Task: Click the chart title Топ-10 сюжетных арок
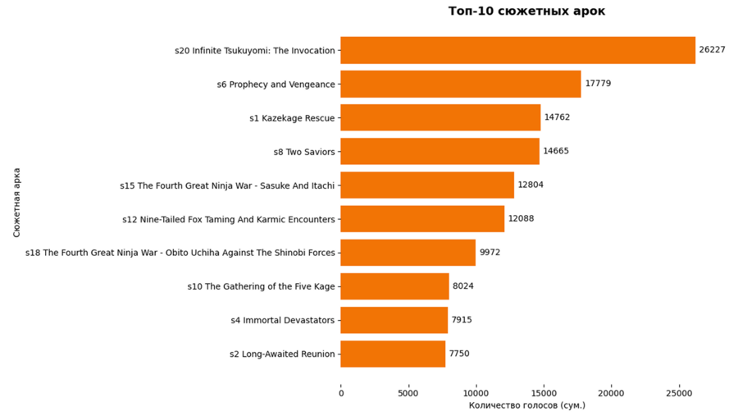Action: pyautogui.click(x=526, y=11)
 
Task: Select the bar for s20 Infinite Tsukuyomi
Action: pyautogui.click(x=517, y=50)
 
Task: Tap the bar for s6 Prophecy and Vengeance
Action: pyautogui.click(x=460, y=84)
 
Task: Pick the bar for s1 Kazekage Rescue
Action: pyautogui.click(x=440, y=117)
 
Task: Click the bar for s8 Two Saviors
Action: pyautogui.click(x=440, y=151)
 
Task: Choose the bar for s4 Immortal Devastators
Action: pyautogui.click(x=394, y=320)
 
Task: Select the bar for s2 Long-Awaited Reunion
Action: pyautogui.click(x=393, y=354)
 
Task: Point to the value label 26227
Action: pyautogui.click(x=713, y=50)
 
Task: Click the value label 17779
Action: pyautogui.click(x=598, y=84)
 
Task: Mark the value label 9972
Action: pyautogui.click(x=490, y=253)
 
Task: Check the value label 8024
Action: pyautogui.click(x=463, y=286)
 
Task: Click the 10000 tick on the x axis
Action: pyautogui.click(x=476, y=393)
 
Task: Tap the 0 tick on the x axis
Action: pyautogui.click(x=341, y=393)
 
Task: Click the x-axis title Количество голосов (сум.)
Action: pyautogui.click(x=526, y=405)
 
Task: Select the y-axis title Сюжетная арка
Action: pyautogui.click(x=17, y=202)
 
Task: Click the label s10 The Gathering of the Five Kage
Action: pyautogui.click(x=261, y=286)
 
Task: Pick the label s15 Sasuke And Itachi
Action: pyautogui.click(x=227, y=185)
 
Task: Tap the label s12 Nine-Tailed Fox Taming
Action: pyautogui.click(x=228, y=219)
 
